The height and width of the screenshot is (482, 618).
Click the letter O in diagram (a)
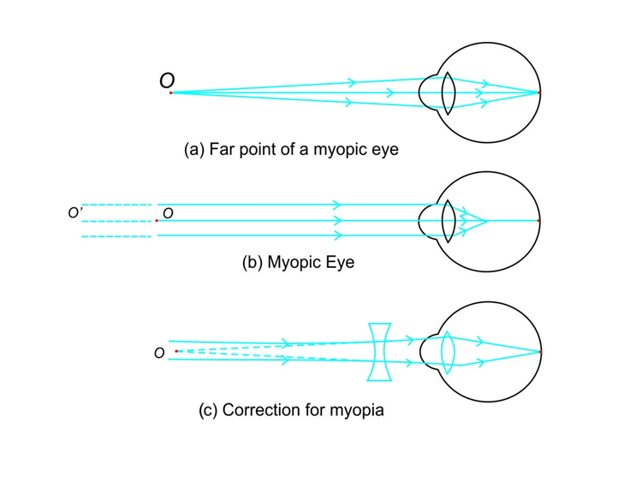pos(167,80)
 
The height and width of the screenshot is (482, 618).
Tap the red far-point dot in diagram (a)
pos(171,92)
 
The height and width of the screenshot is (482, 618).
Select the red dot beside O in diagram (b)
pos(157,221)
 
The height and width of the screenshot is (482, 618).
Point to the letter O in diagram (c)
pos(159,353)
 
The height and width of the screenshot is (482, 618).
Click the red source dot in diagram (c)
pos(176,351)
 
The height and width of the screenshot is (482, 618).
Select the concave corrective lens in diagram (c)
pos(380,351)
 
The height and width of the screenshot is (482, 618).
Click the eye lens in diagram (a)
pos(448,92)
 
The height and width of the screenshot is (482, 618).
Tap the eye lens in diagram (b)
pos(448,221)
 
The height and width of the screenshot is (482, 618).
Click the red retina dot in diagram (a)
pos(539,92)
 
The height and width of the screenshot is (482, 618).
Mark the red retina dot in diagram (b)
pos(539,221)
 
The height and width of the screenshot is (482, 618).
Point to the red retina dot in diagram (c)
pos(540,351)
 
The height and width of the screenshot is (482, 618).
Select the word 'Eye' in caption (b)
pos(339,263)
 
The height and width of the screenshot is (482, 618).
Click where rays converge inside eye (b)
pos(486,221)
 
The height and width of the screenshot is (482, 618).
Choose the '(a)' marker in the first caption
pos(194,149)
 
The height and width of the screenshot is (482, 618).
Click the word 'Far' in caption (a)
pos(222,149)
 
